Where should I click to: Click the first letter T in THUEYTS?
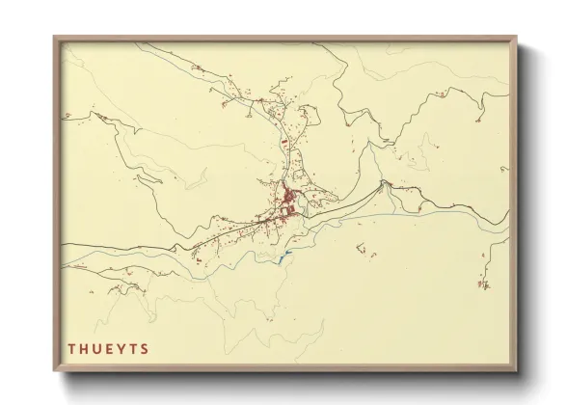click(x=71, y=349)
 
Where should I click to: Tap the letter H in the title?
click(x=84, y=349)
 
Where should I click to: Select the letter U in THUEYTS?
click(x=97, y=349)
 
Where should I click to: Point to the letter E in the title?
click(x=110, y=349)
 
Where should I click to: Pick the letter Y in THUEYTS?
click(x=121, y=349)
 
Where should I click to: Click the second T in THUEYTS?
click(x=133, y=349)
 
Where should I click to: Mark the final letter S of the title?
click(x=145, y=349)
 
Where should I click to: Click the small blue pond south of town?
click(x=284, y=256)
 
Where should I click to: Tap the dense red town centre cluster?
click(x=289, y=202)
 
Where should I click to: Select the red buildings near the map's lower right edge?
click(x=483, y=283)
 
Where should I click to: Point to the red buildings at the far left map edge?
click(x=68, y=116)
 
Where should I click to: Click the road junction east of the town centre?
click(x=384, y=182)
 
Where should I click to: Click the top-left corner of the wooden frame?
click(x=54, y=37)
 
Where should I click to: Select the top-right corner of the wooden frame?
click(x=518, y=37)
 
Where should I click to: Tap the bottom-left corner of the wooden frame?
click(x=54, y=372)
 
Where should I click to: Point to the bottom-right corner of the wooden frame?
click(x=518, y=372)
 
